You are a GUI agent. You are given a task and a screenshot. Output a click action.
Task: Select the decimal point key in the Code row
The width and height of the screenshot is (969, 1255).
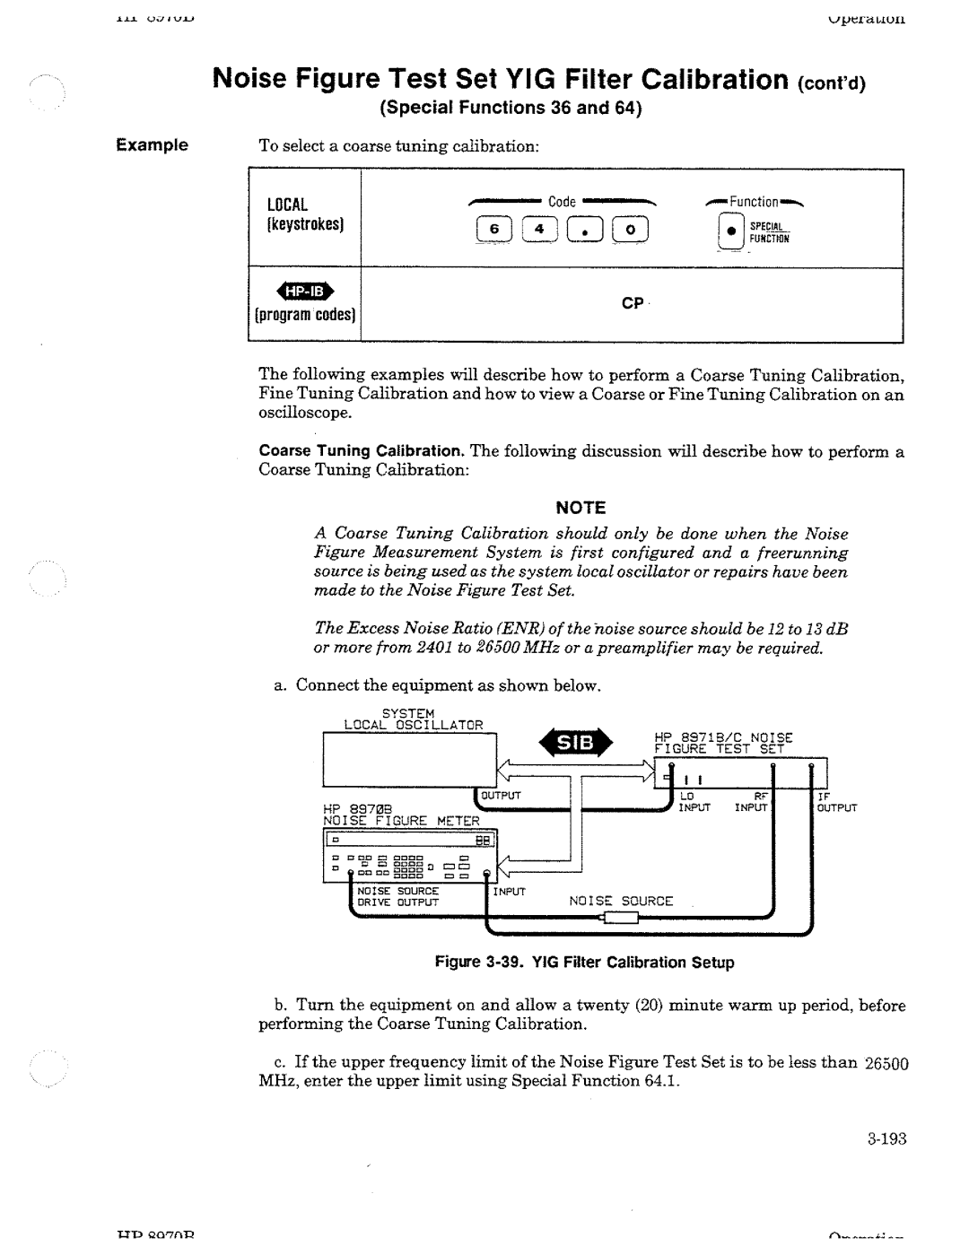(x=585, y=232)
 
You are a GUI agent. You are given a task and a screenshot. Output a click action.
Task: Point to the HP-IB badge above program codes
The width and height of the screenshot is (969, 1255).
(x=304, y=291)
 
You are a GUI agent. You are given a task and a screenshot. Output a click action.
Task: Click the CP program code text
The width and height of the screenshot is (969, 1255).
(x=632, y=304)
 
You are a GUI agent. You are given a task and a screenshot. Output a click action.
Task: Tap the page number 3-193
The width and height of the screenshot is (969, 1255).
(x=887, y=1139)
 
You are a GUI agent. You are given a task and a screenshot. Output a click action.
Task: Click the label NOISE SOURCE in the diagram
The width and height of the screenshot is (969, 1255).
(x=621, y=901)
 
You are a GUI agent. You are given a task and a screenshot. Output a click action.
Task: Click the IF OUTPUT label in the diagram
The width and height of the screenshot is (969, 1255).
(x=836, y=802)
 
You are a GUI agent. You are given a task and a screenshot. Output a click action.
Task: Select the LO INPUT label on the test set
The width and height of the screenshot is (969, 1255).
(x=694, y=802)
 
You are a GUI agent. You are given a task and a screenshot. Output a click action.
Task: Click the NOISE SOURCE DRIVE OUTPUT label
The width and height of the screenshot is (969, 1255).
(x=397, y=896)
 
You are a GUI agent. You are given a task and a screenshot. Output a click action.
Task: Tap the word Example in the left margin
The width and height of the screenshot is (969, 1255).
(x=155, y=145)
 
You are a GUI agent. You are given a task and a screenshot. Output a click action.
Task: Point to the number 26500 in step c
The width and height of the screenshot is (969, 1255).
(x=886, y=1063)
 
